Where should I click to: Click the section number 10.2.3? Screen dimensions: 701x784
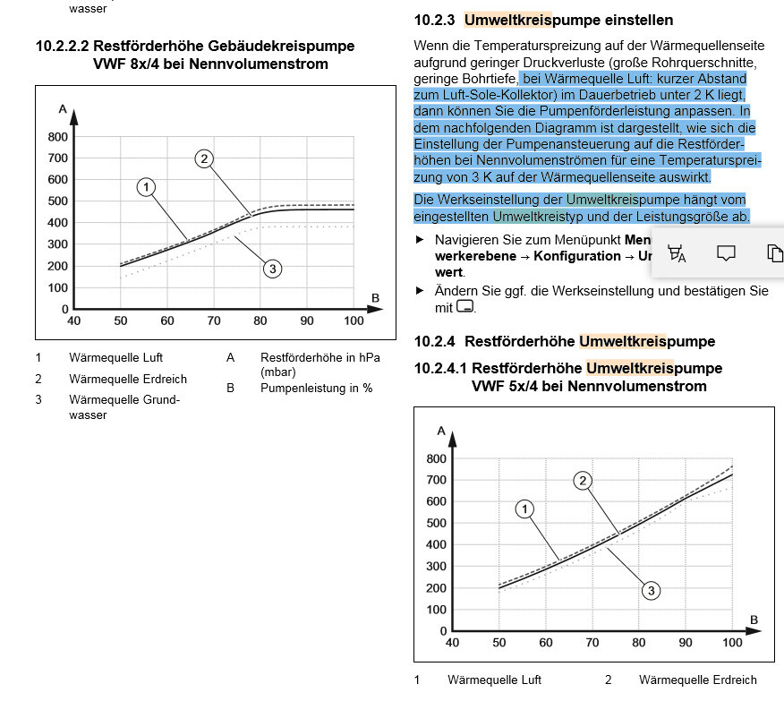434,20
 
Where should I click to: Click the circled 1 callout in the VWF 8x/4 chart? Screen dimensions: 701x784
147,187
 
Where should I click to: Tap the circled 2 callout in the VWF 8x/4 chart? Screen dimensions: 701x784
204,159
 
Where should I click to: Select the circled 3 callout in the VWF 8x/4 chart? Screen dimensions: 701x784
273,268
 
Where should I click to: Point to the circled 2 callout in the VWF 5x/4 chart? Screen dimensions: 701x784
583,481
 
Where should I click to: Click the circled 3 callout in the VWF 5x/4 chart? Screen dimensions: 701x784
652,590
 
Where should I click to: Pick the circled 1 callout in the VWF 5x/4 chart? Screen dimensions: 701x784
525,509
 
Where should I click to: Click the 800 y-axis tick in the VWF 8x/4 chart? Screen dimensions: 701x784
58,137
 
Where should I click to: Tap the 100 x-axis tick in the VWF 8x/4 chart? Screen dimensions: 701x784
354,321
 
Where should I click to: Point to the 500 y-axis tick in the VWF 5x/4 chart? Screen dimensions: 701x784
437,524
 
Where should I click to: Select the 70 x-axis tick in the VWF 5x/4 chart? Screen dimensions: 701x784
592,643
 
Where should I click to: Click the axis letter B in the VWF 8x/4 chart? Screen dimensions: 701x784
375,297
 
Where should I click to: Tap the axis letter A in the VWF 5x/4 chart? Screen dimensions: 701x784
441,431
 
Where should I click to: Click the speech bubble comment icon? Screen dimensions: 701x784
726,253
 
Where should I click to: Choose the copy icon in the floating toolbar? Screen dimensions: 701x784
774,253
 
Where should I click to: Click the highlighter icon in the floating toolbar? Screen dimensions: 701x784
677,254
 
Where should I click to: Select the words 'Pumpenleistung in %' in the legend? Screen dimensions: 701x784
316,389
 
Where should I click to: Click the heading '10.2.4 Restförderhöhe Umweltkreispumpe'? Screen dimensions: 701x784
565,341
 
